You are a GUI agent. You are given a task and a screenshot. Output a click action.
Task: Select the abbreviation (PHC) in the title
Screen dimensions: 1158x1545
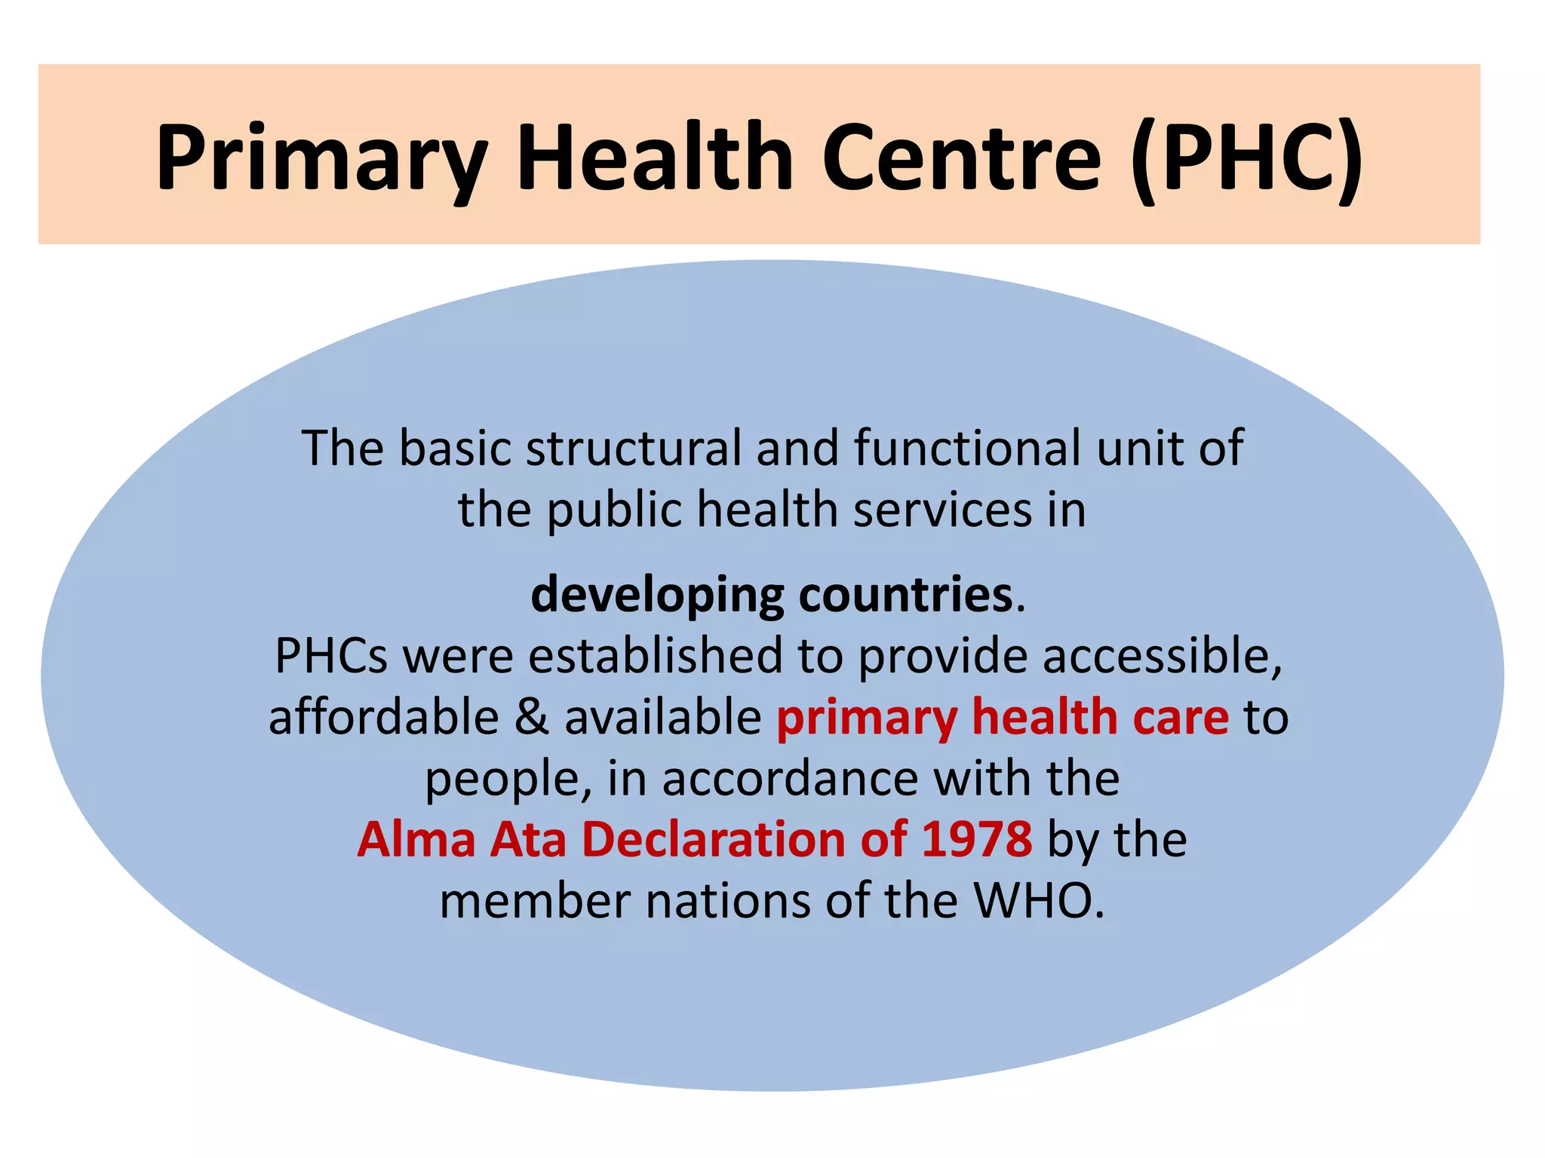coord(1248,158)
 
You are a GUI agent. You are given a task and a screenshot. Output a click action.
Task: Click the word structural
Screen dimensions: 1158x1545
coord(634,448)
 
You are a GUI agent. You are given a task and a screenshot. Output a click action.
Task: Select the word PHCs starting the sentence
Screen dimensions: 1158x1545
coord(331,655)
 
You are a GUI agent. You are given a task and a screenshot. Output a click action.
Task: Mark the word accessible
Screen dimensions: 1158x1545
coord(1163,655)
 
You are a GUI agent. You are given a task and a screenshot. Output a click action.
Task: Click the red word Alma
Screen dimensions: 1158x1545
coord(416,839)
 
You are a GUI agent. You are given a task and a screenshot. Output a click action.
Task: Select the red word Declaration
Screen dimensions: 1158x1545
coord(713,839)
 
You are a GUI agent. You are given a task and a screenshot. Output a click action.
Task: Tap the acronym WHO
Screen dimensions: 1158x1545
coord(1038,901)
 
